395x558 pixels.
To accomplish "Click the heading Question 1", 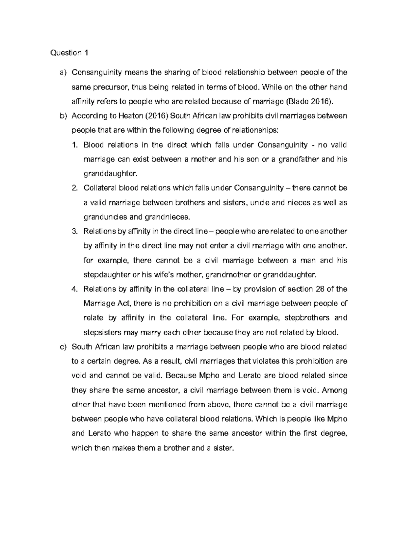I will (69, 53).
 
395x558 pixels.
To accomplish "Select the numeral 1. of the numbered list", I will (75, 145).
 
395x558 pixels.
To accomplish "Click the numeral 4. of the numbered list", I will (75, 289).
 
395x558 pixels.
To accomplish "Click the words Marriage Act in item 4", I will (107, 303).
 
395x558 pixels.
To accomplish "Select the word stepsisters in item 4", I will (102, 332).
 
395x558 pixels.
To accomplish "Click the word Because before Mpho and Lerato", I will (181, 376).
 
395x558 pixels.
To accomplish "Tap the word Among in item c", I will (334, 390).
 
